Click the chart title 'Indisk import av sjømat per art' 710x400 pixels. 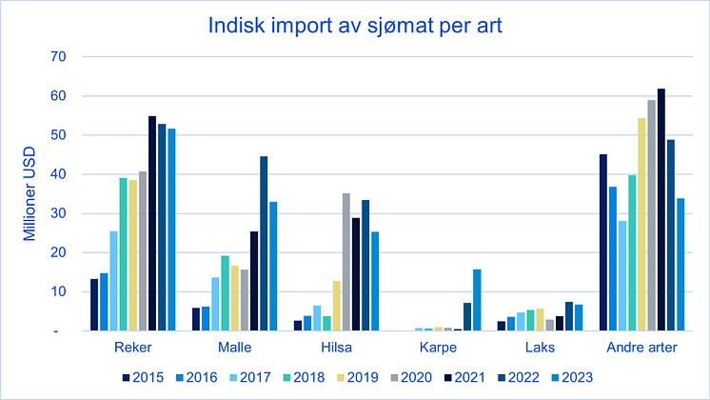[x=354, y=25]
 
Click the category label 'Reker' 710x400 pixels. [x=133, y=348]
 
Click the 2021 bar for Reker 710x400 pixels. [x=152, y=224]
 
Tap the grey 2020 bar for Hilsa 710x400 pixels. [x=345, y=262]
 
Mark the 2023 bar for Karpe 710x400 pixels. [x=477, y=300]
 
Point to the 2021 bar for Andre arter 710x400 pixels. [x=661, y=210]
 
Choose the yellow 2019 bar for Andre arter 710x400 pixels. [x=641, y=225]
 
